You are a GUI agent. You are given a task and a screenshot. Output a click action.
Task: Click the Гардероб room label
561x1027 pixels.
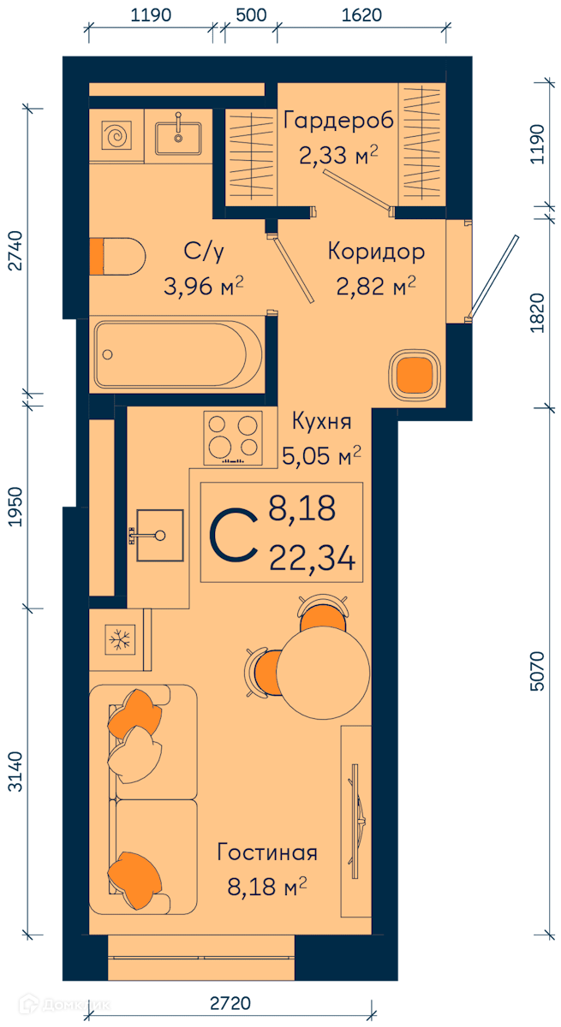click(338, 121)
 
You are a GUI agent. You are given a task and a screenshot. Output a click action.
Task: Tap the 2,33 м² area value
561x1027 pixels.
click(338, 155)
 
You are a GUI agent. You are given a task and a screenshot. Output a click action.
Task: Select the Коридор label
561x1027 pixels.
click(376, 252)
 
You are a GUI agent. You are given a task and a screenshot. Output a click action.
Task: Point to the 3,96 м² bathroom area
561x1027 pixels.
click(204, 287)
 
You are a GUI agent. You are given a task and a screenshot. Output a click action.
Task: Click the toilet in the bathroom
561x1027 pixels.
click(117, 256)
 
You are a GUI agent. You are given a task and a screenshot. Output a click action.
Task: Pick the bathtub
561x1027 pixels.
click(178, 354)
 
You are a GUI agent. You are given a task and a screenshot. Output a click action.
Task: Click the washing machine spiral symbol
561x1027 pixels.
click(116, 136)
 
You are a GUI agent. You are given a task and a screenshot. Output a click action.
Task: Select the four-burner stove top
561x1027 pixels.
click(233, 438)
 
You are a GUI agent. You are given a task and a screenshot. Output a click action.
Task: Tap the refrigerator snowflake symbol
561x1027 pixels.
click(120, 639)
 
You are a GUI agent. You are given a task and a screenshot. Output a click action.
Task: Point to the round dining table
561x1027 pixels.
click(323, 672)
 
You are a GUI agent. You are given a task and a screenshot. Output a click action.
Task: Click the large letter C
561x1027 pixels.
click(233, 535)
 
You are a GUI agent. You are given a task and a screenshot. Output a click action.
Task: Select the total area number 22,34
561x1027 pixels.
click(313, 558)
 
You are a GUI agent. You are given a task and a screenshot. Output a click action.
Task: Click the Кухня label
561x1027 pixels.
click(322, 421)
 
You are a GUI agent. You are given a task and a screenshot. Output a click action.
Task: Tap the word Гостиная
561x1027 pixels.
click(267, 852)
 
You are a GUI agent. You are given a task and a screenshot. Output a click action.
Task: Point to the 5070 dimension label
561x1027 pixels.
click(536, 671)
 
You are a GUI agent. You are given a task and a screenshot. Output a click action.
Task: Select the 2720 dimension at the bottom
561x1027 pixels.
click(230, 1003)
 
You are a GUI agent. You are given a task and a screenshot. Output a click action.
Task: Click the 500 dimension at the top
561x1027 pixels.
click(251, 15)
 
